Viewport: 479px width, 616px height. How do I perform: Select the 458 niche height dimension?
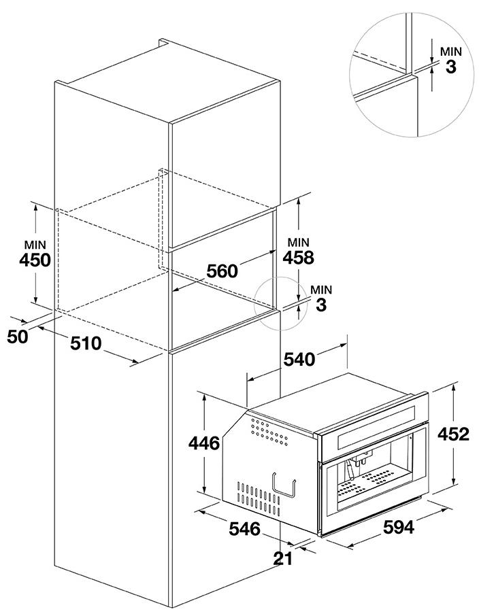pyautogui.click(x=299, y=258)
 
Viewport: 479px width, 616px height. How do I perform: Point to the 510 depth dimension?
pyautogui.click(x=86, y=343)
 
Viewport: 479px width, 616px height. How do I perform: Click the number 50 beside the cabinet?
pyautogui.click(x=18, y=335)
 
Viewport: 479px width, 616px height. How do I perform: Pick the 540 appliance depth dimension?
pyautogui.click(x=299, y=359)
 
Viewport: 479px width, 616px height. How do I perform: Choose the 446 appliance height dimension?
pyautogui.click(x=204, y=443)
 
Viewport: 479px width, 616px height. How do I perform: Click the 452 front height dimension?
pyautogui.click(x=453, y=434)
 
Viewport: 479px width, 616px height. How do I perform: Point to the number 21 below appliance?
pyautogui.click(x=283, y=559)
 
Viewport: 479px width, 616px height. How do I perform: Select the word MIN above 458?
pyautogui.click(x=299, y=242)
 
